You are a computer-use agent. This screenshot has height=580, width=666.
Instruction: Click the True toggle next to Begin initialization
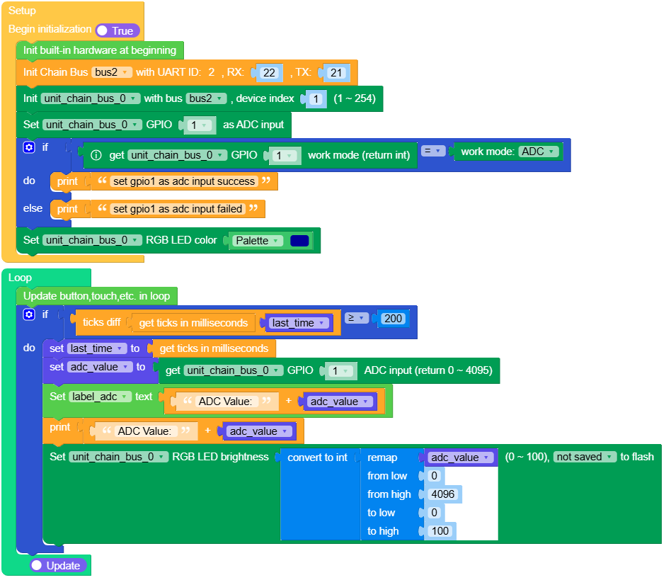tap(117, 30)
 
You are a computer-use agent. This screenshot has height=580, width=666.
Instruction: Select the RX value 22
tap(269, 72)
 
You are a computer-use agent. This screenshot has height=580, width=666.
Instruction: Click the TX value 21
tap(336, 72)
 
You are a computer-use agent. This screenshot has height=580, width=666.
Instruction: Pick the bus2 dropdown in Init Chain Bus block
tap(112, 72)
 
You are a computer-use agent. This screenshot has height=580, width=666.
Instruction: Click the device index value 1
tap(316, 98)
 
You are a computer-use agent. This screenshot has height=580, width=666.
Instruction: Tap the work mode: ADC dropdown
tap(539, 152)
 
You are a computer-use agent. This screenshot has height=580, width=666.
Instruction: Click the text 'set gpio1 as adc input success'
tap(184, 181)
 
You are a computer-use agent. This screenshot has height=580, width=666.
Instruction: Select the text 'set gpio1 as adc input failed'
tap(178, 209)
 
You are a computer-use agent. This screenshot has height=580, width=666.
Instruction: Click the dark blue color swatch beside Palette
tap(299, 241)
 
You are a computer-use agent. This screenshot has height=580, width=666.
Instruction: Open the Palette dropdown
tap(257, 241)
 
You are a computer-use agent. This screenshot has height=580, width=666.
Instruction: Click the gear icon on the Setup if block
tap(28, 147)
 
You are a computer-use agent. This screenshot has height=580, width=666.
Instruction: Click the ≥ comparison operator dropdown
tap(357, 319)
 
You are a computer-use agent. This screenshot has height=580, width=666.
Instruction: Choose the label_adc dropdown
tap(100, 397)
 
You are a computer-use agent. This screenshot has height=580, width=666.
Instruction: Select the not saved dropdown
tap(584, 457)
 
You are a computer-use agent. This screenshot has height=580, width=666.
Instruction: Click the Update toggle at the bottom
tap(59, 565)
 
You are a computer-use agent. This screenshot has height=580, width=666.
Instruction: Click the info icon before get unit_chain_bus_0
tap(97, 155)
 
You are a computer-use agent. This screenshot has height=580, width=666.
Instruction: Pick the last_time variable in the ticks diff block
tap(298, 323)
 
